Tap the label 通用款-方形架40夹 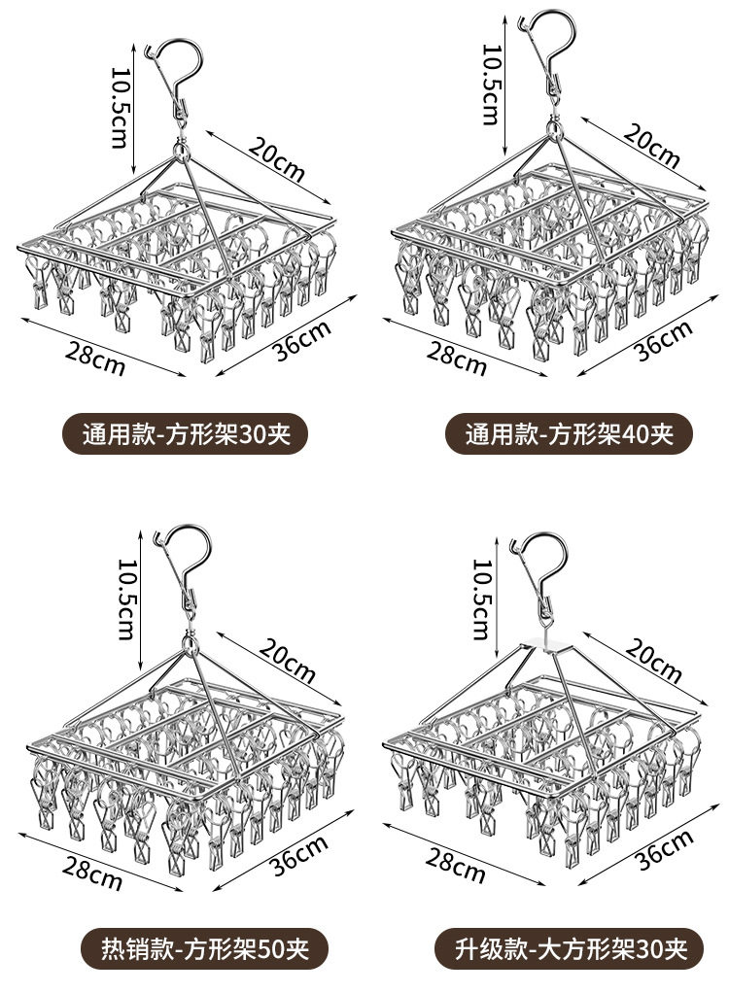569,432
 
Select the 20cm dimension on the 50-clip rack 289,658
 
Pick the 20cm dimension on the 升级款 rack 657,657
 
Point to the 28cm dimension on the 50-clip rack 92,872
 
